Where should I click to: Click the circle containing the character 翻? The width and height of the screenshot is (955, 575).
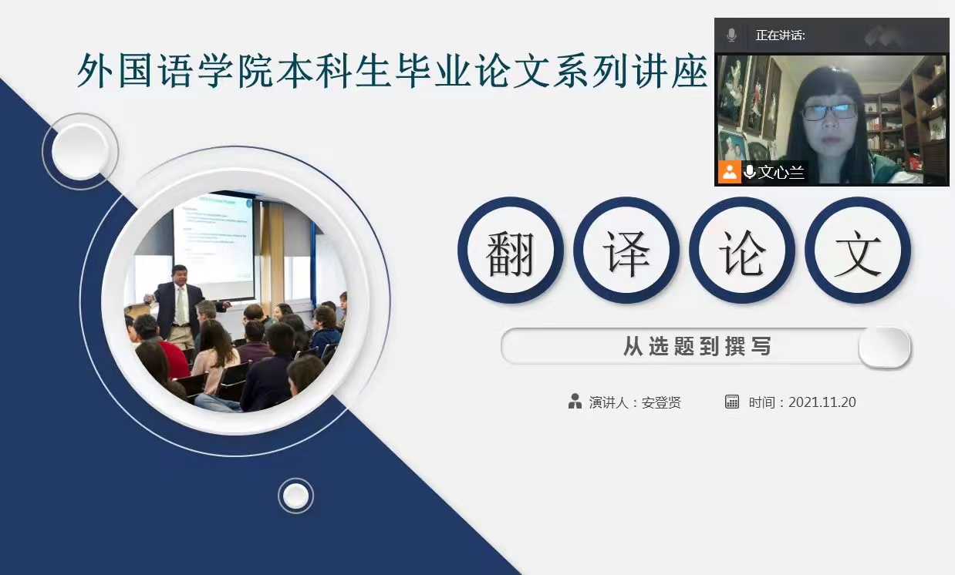pos(511,250)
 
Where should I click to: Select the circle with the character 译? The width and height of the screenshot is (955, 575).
pos(626,250)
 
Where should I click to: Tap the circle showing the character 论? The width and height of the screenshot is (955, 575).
pos(742,250)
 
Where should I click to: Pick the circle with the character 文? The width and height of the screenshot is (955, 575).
pos(858,250)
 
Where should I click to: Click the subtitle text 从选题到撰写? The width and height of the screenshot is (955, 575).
pos(697,346)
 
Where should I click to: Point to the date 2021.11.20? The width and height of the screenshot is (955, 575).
pos(822,402)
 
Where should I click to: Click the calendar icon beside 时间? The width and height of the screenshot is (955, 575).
pos(731,402)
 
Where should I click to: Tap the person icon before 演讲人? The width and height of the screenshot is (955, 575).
pos(575,402)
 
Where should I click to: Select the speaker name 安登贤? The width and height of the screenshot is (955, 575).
pos(661,402)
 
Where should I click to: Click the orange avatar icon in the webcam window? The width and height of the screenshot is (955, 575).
pos(730,172)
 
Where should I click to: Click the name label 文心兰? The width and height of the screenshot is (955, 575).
pos(781,172)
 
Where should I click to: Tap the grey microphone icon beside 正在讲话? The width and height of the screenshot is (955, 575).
pos(731,35)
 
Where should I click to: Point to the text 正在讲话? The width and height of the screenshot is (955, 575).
pos(780,35)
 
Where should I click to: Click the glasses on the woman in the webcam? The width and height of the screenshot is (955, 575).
pos(828,113)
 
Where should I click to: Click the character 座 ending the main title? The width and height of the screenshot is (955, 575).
pos(690,71)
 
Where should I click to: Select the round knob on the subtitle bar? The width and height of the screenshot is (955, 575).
pos(884,347)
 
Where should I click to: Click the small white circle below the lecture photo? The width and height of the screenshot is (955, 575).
pos(295,496)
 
